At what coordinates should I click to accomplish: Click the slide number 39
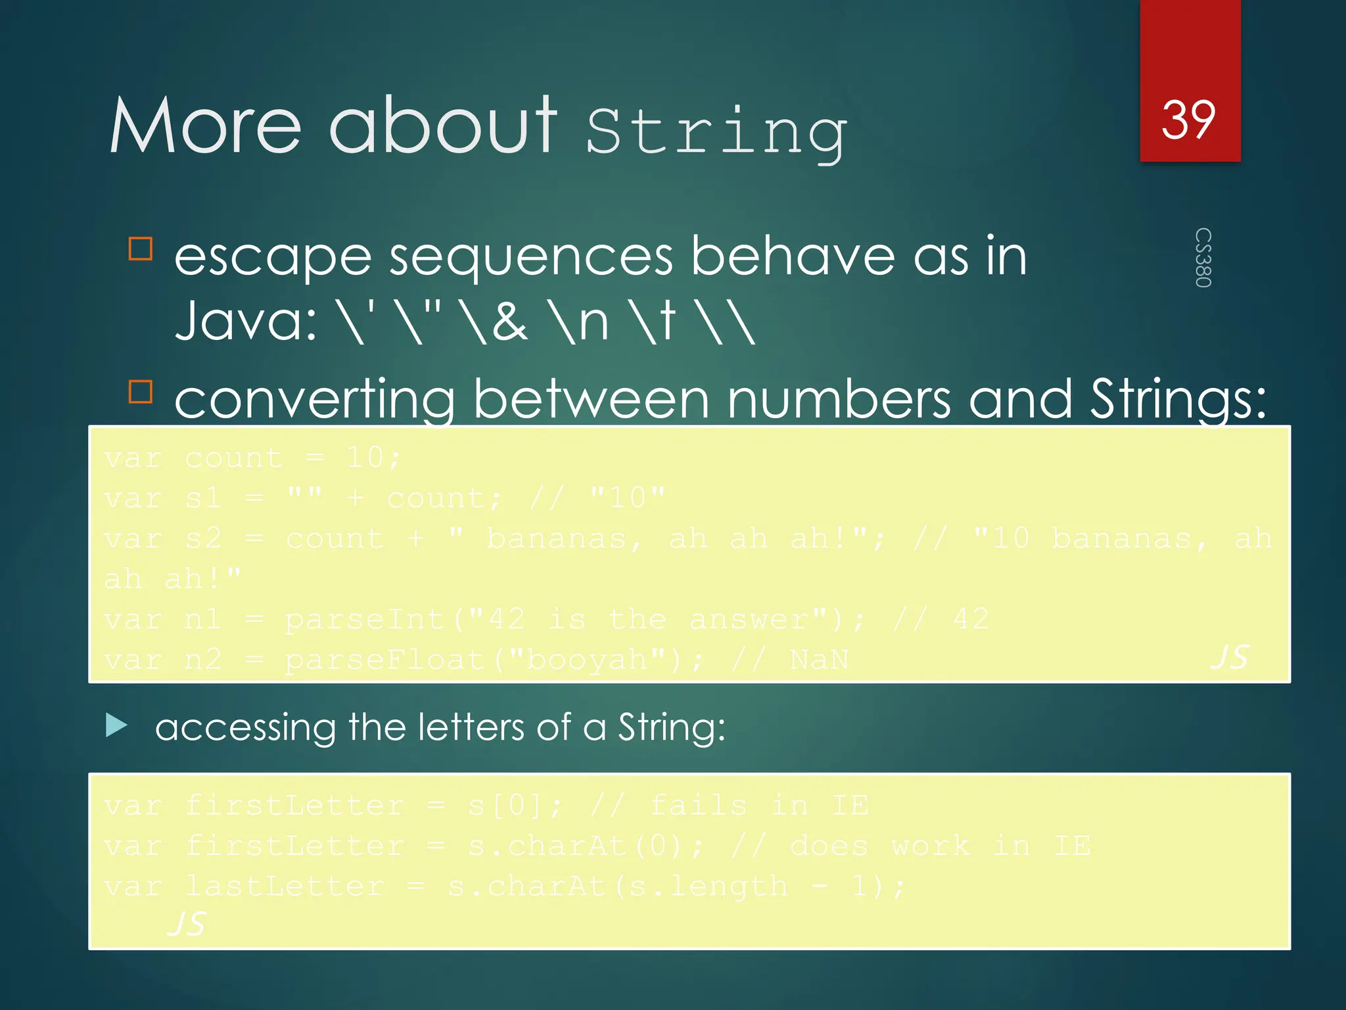(1188, 120)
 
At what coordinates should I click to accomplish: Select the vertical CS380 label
(1203, 258)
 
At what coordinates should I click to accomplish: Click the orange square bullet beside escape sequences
(141, 249)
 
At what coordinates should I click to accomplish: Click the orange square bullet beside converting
(141, 391)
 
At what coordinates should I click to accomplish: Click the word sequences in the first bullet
(531, 257)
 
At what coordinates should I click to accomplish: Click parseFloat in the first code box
(385, 660)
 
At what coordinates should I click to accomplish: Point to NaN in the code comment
(820, 660)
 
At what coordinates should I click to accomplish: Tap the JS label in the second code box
(187, 924)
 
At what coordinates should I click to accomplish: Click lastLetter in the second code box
(285, 886)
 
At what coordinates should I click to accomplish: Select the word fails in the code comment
(698, 806)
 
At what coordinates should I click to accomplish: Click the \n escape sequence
(582, 321)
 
